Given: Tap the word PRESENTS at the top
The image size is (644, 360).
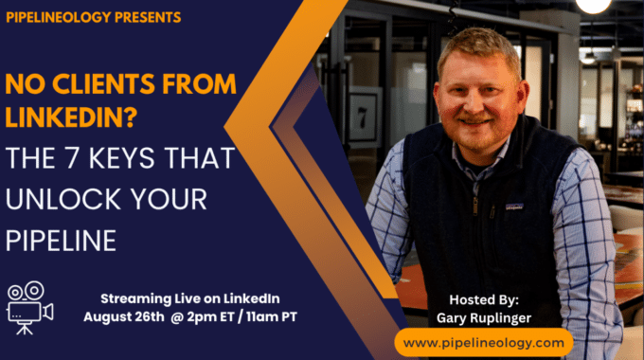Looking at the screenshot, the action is point(148,17).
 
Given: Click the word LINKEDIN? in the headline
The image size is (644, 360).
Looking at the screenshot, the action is point(71,117).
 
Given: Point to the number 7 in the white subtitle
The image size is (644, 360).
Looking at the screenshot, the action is point(72,158).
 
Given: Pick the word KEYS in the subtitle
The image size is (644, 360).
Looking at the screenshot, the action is point(122,158).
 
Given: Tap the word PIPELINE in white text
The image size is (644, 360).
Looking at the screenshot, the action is point(61,241).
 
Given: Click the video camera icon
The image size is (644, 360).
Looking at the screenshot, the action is point(30,307).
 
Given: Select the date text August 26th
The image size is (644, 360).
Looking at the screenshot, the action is point(124,316).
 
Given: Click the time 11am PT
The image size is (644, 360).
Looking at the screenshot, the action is point(272,316).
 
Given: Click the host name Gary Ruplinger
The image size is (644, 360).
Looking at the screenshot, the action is point(484,318).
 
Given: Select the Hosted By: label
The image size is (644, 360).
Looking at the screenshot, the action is point(484,300).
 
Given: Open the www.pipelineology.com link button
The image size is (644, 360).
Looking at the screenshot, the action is point(483,343).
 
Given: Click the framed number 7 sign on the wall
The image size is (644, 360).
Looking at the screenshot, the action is point(362,117).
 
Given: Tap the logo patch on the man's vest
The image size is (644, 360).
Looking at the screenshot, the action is point(514,207).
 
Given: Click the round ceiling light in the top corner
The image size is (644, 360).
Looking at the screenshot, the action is point(594,6).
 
